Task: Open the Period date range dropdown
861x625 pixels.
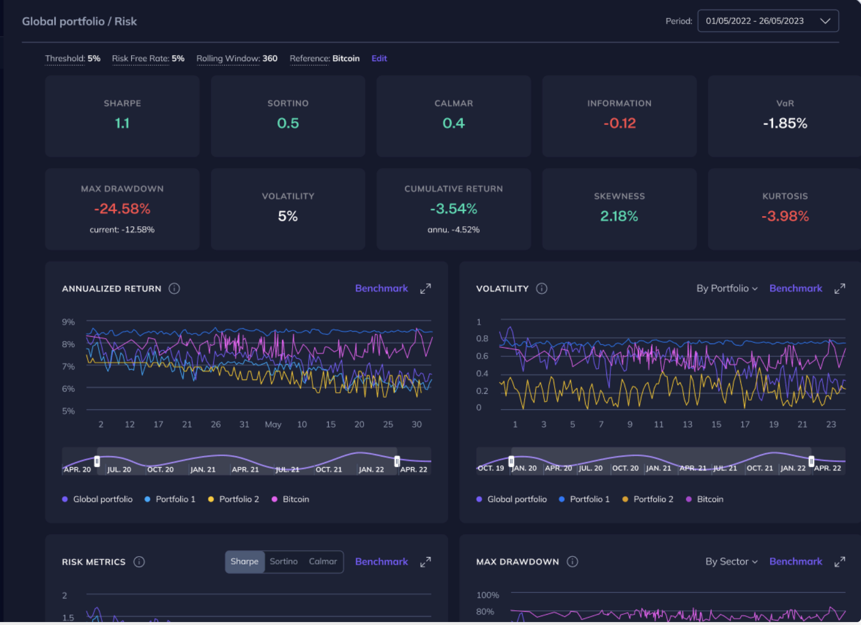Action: point(767,21)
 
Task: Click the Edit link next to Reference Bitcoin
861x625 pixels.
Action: point(379,59)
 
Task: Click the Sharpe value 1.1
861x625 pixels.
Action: point(122,123)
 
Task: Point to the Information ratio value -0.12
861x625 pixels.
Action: point(619,123)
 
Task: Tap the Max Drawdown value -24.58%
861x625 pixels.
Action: point(122,209)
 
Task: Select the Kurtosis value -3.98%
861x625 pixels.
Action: point(785,216)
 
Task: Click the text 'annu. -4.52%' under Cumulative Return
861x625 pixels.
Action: point(453,230)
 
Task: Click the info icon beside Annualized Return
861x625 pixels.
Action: point(174,289)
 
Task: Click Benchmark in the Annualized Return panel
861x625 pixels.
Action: point(381,288)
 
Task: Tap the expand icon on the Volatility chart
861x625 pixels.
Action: point(839,289)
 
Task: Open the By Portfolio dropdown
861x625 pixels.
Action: point(727,288)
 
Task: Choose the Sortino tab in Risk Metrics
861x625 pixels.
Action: point(284,562)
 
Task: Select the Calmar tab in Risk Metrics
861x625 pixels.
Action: point(323,562)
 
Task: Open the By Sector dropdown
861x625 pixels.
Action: point(731,562)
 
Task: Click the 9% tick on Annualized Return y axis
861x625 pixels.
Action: point(68,322)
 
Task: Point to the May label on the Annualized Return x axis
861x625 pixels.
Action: point(273,424)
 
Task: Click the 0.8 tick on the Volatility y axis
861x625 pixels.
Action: point(482,339)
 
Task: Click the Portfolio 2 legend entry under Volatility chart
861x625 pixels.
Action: point(653,499)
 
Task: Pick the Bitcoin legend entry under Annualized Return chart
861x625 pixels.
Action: point(295,499)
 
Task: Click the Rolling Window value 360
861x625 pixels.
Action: point(269,59)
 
